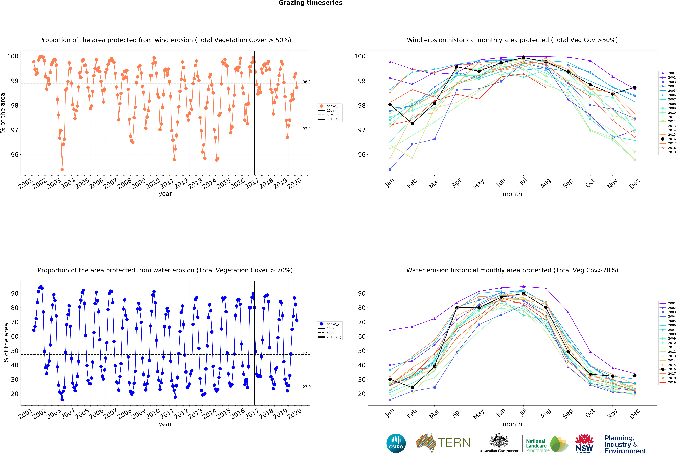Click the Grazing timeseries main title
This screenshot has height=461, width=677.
click(x=310, y=3)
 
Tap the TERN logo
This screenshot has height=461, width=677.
click(x=443, y=443)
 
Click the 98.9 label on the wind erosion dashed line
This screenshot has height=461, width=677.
click(x=306, y=82)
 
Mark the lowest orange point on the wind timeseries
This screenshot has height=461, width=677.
click(x=62, y=169)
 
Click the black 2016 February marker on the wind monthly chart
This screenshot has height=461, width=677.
click(x=412, y=124)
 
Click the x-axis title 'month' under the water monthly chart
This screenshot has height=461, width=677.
click(x=512, y=424)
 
